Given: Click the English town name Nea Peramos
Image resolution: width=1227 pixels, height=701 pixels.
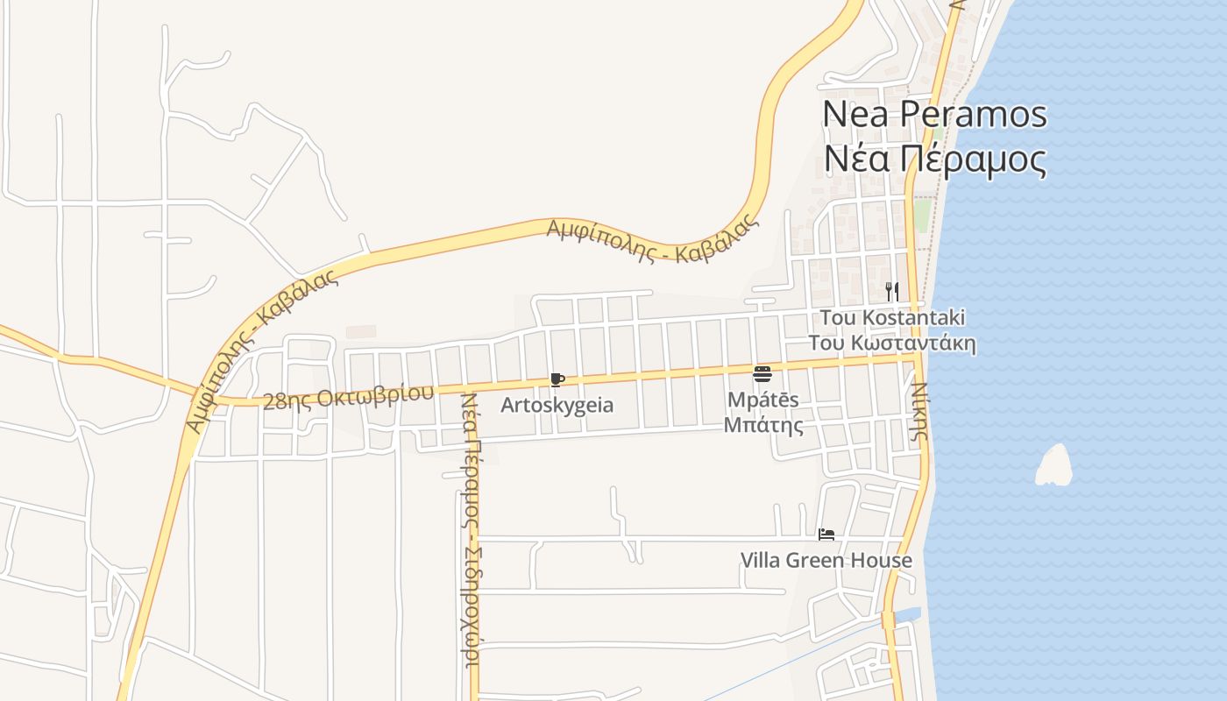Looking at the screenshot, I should click(934, 114).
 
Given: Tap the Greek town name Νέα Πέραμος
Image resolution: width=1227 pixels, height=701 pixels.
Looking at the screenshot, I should click(934, 159).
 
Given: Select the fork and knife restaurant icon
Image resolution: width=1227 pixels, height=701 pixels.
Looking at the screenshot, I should click(891, 291).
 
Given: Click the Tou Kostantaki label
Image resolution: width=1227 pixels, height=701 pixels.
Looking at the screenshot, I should click(892, 317).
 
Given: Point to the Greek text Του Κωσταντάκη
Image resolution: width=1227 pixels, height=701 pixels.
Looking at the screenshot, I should click(892, 343).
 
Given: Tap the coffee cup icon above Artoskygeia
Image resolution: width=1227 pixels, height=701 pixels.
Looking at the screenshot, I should click(557, 379).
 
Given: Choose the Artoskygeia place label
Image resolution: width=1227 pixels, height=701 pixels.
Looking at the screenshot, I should click(557, 406).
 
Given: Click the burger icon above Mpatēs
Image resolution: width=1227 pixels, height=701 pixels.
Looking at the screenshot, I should click(762, 374).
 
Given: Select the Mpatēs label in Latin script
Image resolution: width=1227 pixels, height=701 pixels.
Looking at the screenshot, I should click(762, 400).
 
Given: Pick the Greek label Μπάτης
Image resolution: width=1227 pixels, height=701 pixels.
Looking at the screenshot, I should click(762, 426).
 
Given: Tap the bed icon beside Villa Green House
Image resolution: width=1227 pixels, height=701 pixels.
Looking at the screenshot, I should click(826, 534).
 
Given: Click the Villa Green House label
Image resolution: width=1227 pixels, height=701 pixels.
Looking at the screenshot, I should click(826, 560).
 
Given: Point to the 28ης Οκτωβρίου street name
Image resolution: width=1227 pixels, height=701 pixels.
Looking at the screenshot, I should click(348, 397).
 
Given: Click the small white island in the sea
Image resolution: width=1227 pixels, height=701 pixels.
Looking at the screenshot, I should click(1054, 465).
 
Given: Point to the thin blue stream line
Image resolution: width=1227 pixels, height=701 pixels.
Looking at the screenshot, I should click(789, 662).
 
